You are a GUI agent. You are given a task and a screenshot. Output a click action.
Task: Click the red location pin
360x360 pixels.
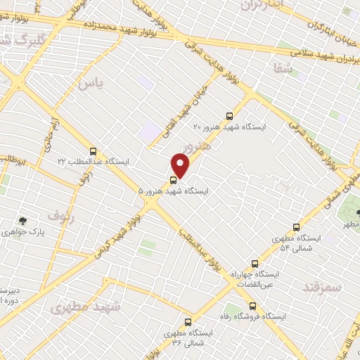tap(181, 165)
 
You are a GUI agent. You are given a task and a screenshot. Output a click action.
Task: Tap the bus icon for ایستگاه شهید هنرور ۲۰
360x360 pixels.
tap(229, 116)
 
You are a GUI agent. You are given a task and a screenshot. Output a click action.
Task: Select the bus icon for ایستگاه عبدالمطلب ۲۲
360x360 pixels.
tap(94, 151)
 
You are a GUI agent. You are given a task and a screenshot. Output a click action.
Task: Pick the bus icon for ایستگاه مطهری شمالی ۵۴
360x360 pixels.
tap(296, 227)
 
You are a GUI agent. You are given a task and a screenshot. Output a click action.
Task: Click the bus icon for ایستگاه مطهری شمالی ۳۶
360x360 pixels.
tap(187, 321)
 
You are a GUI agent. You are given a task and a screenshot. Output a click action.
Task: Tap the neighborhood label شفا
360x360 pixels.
tap(281, 68)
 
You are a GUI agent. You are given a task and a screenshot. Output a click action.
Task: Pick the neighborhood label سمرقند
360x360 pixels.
tap(321, 287)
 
